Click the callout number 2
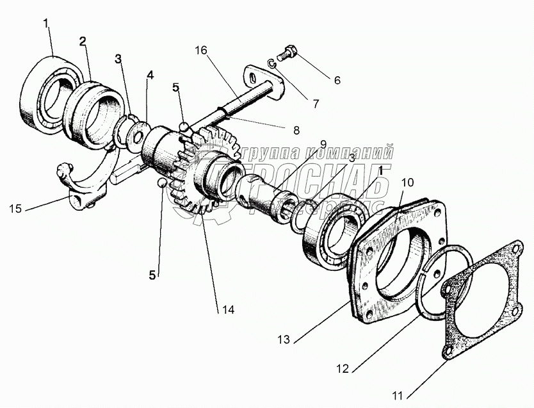click(x=83, y=42)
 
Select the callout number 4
click(x=150, y=76)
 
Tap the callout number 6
click(x=337, y=81)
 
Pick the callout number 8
click(x=296, y=130)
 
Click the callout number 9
click(x=323, y=143)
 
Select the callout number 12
click(x=343, y=368)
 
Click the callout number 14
click(x=228, y=310)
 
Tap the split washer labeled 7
click(x=271, y=62)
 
